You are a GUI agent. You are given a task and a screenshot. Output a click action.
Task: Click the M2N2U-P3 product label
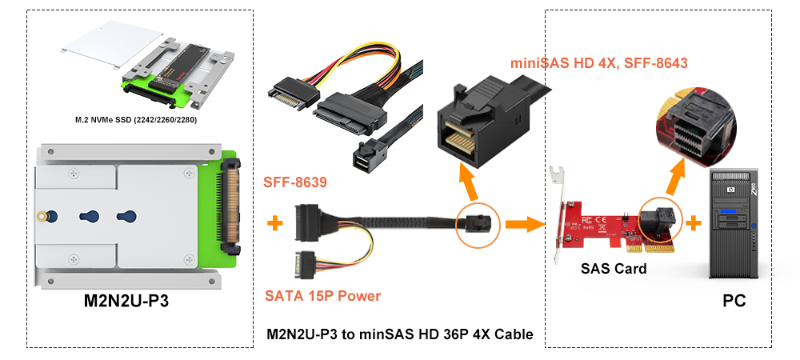[126, 302]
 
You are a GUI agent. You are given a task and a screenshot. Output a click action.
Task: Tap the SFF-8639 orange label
[295, 182]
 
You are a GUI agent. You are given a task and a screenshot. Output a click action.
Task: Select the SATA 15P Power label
[322, 296]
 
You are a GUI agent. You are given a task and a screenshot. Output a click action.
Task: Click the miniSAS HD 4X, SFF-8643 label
[599, 63]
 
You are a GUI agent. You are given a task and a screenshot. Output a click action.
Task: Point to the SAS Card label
[614, 269]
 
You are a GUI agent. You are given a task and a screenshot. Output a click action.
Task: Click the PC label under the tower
[734, 301]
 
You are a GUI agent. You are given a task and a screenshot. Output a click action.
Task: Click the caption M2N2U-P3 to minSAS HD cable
[400, 334]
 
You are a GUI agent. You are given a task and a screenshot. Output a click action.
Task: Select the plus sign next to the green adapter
[275, 223]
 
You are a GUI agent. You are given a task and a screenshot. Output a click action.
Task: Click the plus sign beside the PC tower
[694, 223]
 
